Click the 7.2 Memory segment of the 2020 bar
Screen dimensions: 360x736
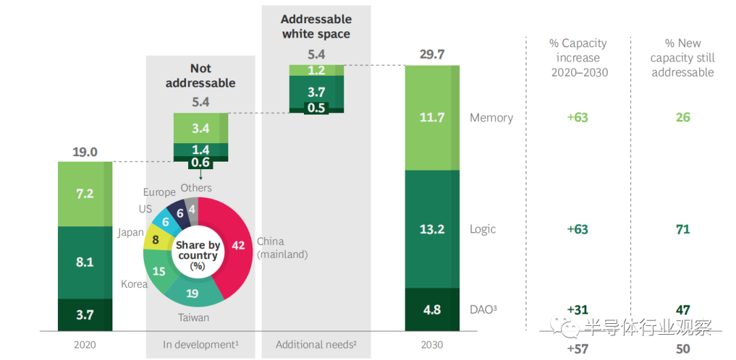[85, 194]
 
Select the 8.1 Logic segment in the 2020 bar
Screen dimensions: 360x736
[85, 262]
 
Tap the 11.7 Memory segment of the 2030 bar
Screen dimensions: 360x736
[432, 118]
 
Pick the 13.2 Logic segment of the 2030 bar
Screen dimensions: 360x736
[432, 229]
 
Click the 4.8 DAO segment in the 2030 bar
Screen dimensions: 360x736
[432, 310]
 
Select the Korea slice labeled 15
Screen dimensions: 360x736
[159, 271]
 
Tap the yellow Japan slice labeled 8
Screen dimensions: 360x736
[155, 240]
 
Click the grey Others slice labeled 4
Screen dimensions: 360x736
[192, 211]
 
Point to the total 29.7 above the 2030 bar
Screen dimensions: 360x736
[432, 55]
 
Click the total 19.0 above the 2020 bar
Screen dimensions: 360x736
[85, 152]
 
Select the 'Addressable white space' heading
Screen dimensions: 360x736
[316, 27]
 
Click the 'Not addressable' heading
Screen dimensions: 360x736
[200, 76]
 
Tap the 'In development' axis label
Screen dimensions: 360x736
[200, 344]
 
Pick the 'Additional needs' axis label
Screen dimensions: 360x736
[316, 344]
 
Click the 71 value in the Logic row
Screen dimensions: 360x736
[682, 229]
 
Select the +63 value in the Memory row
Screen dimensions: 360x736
[577, 118]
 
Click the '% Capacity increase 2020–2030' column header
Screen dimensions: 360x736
[579, 57]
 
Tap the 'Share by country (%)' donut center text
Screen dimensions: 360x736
[197, 255]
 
